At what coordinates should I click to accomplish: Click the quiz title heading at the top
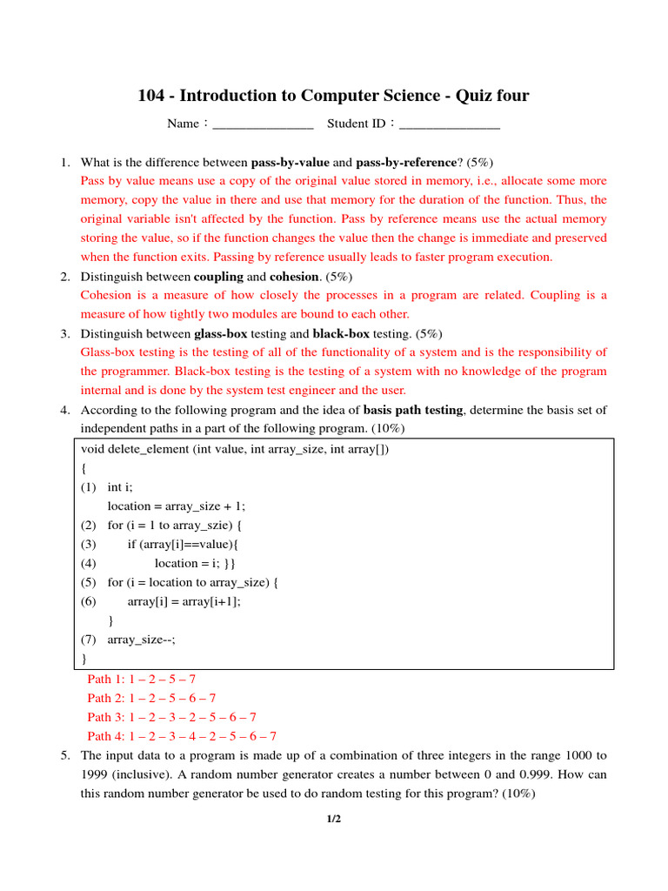coord(333,96)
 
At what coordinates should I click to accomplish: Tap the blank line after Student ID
coord(450,124)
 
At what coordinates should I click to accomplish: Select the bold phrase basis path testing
coord(412,410)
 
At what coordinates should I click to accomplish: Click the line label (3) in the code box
coord(89,545)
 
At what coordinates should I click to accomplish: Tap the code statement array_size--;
coord(141,640)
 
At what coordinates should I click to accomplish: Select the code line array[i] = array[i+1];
coord(184,602)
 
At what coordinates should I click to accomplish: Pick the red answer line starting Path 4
coord(182,736)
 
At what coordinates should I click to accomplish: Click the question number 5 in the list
coord(65,755)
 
